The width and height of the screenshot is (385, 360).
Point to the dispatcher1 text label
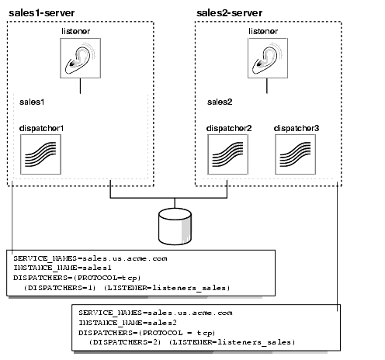click(x=42, y=126)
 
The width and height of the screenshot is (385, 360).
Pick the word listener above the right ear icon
click(x=268, y=30)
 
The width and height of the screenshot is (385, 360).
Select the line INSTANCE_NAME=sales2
click(x=118, y=322)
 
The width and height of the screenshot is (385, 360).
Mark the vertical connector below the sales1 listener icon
click(x=81, y=89)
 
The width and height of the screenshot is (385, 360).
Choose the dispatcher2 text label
click(x=229, y=126)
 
